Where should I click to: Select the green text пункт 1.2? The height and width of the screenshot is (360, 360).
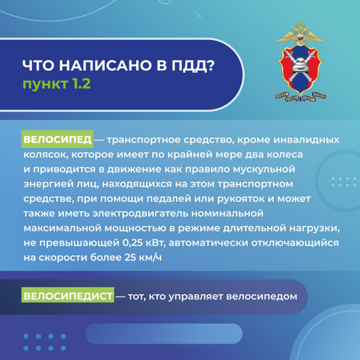tap(57, 84)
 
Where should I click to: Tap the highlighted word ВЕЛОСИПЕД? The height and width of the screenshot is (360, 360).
tap(57, 139)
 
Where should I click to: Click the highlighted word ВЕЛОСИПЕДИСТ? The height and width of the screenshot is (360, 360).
tap(68, 296)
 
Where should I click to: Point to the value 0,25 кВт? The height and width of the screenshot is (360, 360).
tap(144, 243)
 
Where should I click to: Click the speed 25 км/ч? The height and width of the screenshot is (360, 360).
tap(143, 258)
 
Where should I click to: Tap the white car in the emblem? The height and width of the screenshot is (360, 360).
tap(300, 66)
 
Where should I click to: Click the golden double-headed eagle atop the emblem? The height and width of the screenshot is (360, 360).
tap(300, 34)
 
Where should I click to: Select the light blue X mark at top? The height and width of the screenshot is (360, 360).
tap(198, 16)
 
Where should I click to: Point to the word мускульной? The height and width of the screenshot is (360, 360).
tap(264, 170)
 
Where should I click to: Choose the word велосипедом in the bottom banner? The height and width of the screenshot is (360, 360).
tap(262, 296)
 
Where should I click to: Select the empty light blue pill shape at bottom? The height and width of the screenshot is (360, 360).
tap(163, 334)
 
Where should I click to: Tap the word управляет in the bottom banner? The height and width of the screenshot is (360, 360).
tap(196, 297)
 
